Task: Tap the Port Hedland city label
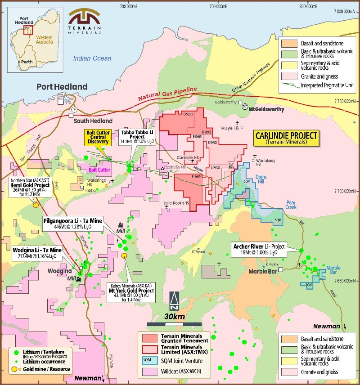62,87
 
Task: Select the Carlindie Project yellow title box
286,138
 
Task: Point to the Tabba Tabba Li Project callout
138,137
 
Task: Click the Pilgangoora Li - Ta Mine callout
72,224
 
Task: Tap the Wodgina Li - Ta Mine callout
37,253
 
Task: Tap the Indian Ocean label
92,58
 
